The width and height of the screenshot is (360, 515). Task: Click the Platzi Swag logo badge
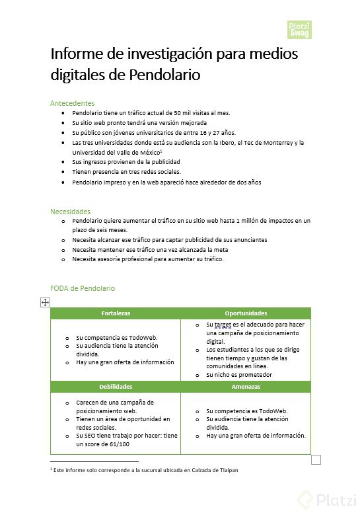(299, 29)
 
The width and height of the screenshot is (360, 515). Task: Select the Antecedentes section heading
(72, 103)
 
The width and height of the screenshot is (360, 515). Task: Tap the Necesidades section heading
(70, 212)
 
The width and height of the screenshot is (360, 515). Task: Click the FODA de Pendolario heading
(83, 289)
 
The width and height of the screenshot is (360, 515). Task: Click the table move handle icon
(45, 302)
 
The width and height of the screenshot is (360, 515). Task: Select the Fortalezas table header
(116, 313)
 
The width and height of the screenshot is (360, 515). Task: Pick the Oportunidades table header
(246, 313)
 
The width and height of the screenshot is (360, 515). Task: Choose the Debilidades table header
(116, 387)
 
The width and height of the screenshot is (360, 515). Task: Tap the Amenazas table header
(246, 387)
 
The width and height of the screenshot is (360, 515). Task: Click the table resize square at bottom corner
(316, 459)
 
